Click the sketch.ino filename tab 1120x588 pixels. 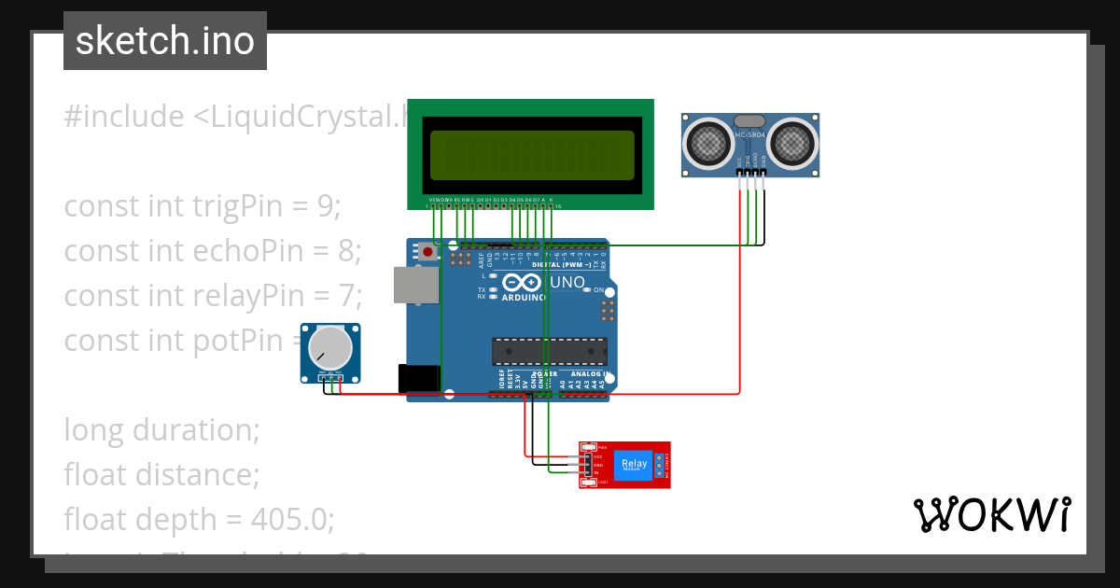click(x=165, y=41)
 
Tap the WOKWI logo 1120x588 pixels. click(x=991, y=514)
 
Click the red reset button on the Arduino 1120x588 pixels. click(x=427, y=251)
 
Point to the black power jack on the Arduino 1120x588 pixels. click(x=419, y=377)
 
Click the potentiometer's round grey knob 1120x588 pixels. click(x=330, y=347)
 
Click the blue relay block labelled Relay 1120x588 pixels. click(x=633, y=464)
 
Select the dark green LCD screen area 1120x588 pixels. click(x=531, y=154)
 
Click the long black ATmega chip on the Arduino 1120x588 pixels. click(x=550, y=351)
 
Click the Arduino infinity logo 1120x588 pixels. click(x=521, y=282)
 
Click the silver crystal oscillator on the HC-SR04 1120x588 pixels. click(x=749, y=120)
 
